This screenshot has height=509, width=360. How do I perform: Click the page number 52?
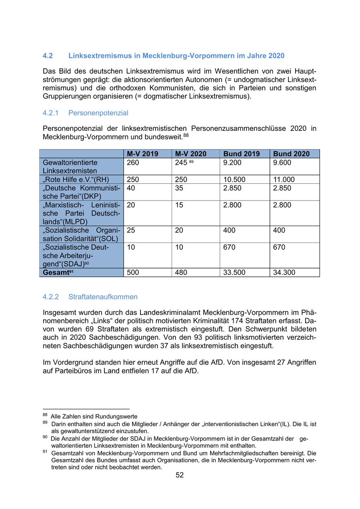point(180,475)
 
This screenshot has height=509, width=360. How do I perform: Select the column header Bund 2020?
point(291,154)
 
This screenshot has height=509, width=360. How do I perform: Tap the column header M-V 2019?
point(142,154)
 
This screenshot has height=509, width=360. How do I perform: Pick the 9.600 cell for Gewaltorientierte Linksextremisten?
point(282,162)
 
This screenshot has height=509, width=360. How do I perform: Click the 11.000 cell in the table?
point(284,180)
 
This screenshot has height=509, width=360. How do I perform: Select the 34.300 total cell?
point(284,273)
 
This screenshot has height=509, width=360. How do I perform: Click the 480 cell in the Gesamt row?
point(182,273)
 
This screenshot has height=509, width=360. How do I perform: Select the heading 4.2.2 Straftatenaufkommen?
point(90,297)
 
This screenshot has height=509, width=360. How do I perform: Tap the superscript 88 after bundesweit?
point(186,135)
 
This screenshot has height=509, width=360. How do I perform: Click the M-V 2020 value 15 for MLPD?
point(179,205)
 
